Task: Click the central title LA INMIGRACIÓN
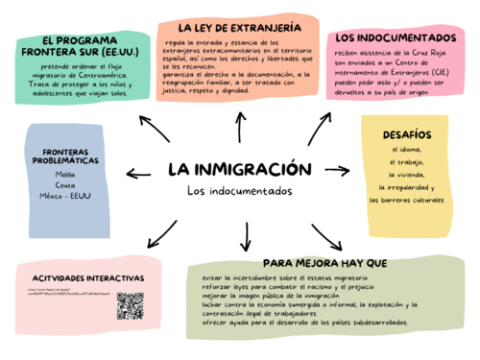point(240,169)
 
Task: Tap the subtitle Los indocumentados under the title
point(238,191)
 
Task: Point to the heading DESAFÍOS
point(406,134)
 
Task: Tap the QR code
point(130,306)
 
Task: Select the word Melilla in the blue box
point(65,176)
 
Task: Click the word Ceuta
point(65,186)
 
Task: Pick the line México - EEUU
point(65,197)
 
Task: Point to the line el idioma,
point(406,150)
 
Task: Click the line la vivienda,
point(406,175)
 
